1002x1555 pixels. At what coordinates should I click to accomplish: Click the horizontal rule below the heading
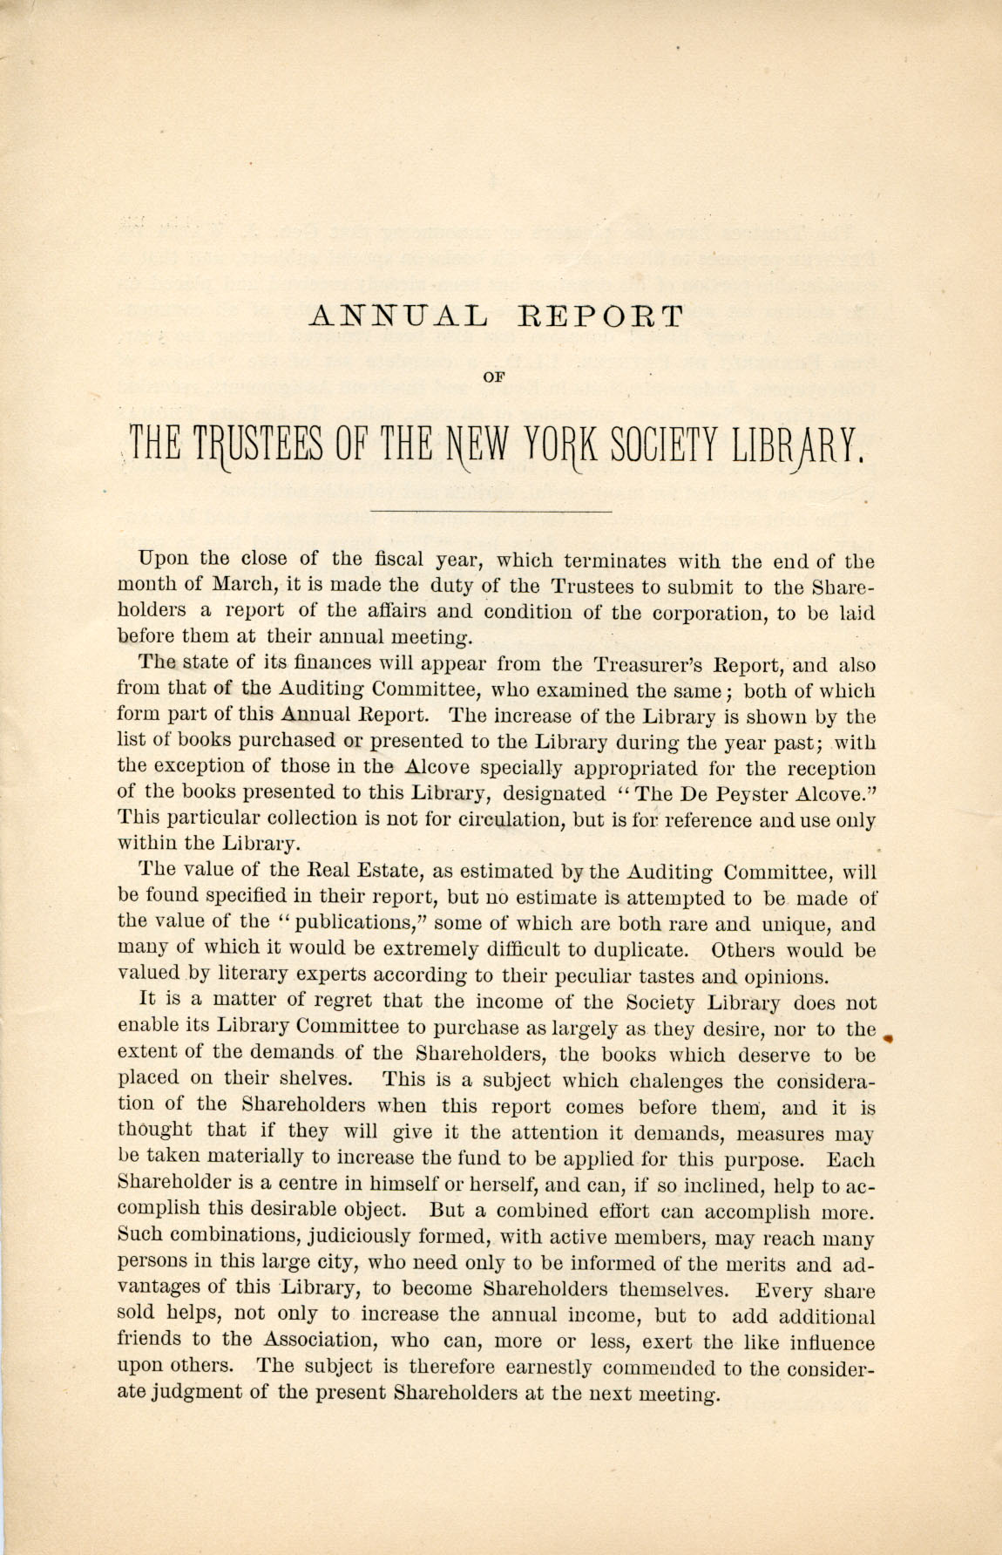491,510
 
